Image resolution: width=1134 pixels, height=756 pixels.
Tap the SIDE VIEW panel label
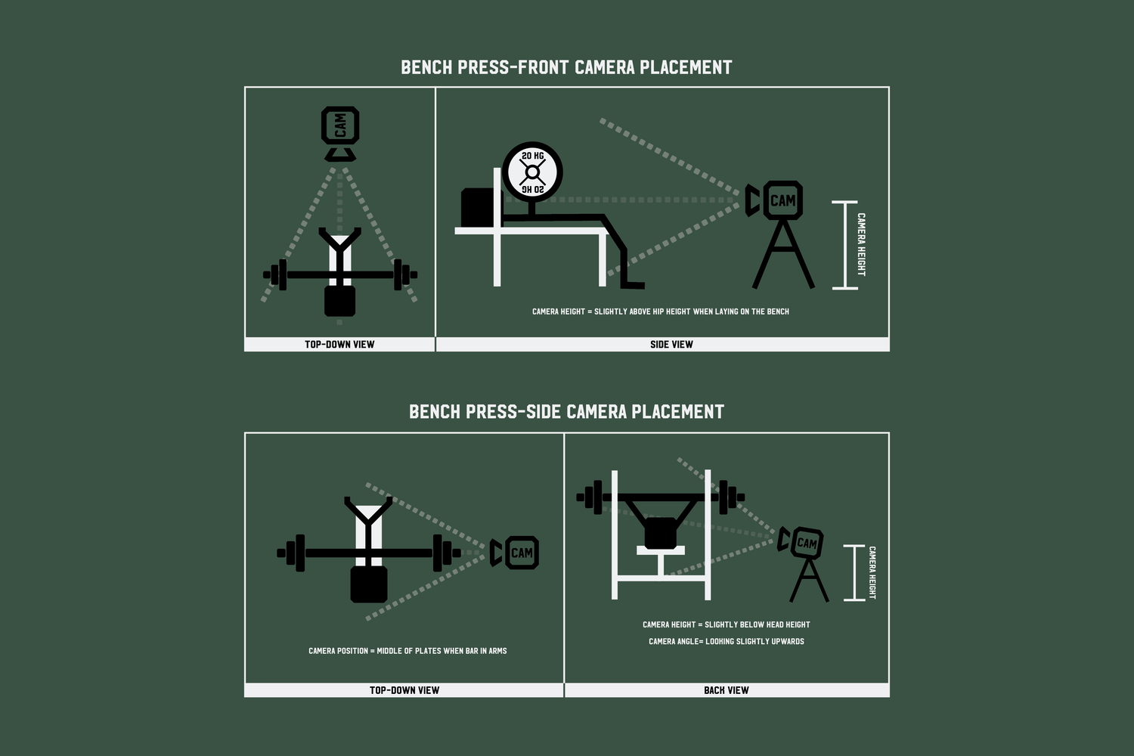[x=671, y=344]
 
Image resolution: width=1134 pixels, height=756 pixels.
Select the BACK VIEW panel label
[x=726, y=690]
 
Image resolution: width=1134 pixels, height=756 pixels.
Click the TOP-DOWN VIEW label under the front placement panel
[x=339, y=344]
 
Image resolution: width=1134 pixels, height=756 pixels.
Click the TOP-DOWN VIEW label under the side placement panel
[x=404, y=690]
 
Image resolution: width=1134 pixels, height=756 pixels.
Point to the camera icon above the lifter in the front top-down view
[x=340, y=134]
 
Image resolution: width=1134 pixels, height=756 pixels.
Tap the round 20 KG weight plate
[x=532, y=172]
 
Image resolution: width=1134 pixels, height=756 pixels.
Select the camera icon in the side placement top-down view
[x=514, y=553]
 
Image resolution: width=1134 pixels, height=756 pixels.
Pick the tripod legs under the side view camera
[x=783, y=254]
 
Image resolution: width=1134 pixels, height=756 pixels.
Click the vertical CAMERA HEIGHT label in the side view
[x=861, y=245]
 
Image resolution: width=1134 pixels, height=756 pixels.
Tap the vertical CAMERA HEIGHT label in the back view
[x=872, y=572]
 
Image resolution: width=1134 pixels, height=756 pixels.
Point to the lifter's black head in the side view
[x=478, y=208]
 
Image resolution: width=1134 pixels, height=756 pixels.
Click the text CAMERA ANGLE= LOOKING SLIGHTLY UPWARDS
[x=726, y=642]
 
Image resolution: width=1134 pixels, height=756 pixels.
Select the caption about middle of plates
[x=407, y=651]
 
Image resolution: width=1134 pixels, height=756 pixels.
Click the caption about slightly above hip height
[x=661, y=311]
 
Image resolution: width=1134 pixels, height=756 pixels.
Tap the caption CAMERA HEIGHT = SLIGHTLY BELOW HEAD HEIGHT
[x=726, y=625]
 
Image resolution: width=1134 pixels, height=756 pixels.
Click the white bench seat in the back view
[x=661, y=550]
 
